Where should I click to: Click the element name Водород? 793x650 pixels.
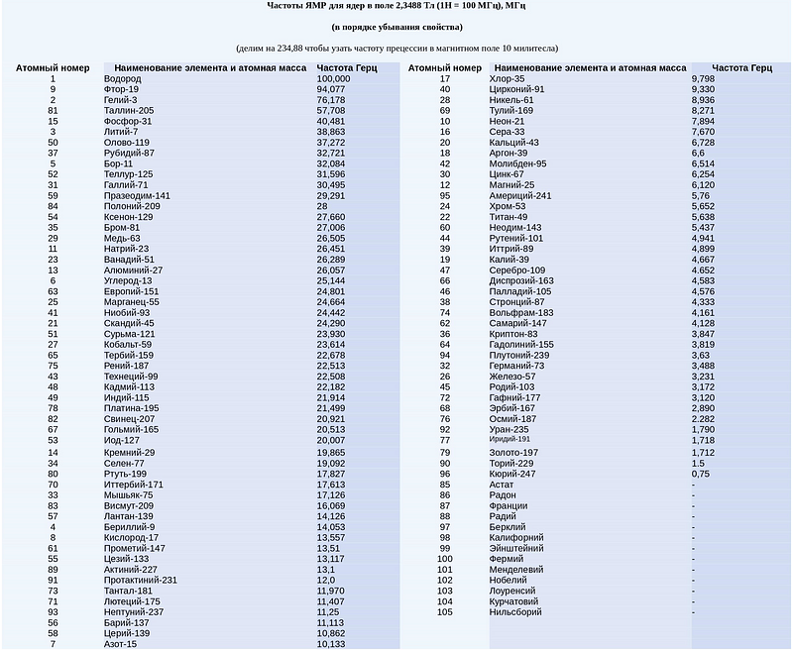[122, 78]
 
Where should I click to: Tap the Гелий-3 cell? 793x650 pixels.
[120, 100]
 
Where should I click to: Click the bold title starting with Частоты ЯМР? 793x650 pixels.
[396, 5]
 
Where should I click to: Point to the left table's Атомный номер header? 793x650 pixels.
[53, 67]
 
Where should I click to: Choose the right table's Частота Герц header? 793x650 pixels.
[741, 67]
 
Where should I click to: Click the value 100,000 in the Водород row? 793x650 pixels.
[333, 78]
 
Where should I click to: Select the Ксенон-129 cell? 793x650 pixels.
[129, 217]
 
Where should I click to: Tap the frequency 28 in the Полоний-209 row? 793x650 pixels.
[322, 206]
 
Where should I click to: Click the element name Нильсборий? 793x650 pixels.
[515, 612]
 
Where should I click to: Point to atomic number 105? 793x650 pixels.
[445, 612]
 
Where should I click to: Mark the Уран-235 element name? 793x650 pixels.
[510, 430]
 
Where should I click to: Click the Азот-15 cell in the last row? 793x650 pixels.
[120, 644]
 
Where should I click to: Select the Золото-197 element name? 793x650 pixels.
[513, 452]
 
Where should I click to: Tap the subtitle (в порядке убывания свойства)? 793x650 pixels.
[396, 27]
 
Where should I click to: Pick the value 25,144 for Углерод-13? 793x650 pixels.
[331, 280]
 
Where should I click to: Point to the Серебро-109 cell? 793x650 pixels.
[517, 271]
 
